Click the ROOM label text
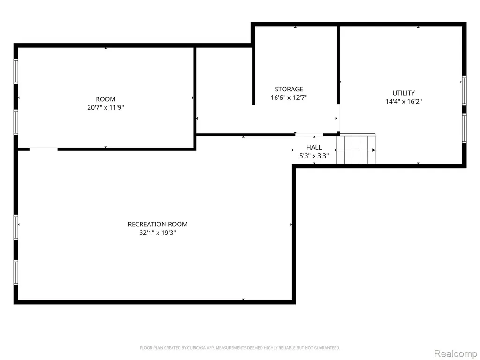(x=105, y=99)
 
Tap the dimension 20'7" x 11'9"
(x=105, y=107)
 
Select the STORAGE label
(x=289, y=89)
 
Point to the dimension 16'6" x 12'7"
(x=289, y=97)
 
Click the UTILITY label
(x=404, y=93)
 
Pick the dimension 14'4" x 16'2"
(x=404, y=102)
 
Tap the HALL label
(x=314, y=147)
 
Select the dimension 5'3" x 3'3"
(x=314, y=156)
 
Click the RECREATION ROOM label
(x=157, y=224)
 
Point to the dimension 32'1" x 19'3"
(x=157, y=232)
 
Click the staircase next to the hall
(x=356, y=149)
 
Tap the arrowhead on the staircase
(x=374, y=150)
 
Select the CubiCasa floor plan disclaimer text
(x=240, y=348)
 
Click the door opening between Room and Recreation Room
(x=44, y=149)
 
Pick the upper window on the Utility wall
(x=465, y=90)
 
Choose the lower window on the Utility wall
(x=465, y=128)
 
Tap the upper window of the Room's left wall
(x=15, y=71)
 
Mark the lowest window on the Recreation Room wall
(x=15, y=272)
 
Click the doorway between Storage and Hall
(x=309, y=135)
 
